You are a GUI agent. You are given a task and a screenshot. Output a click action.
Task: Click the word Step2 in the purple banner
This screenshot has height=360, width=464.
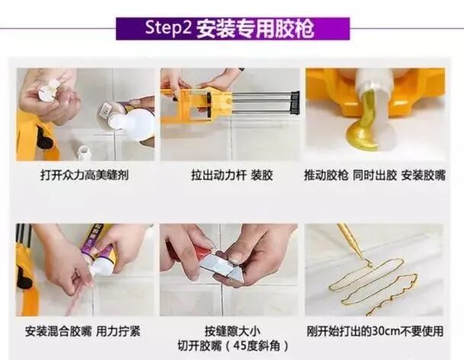(x=168, y=28)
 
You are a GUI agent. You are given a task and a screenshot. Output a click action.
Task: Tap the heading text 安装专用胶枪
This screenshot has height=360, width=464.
(x=254, y=29)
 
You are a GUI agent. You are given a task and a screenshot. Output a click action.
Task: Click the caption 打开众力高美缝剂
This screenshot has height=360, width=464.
(x=85, y=175)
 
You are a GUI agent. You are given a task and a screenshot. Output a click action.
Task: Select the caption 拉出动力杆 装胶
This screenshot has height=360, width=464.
(x=232, y=175)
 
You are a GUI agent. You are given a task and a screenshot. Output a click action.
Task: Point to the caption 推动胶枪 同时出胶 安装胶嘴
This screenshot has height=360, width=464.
(x=375, y=175)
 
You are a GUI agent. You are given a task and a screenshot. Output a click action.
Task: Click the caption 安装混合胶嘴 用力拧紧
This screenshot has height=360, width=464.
(x=82, y=331)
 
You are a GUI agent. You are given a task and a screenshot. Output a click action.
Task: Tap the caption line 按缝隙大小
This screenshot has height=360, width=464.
(x=232, y=331)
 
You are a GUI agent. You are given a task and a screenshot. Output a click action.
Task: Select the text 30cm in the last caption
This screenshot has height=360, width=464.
(x=386, y=331)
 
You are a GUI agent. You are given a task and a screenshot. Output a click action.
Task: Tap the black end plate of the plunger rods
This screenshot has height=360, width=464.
(x=295, y=103)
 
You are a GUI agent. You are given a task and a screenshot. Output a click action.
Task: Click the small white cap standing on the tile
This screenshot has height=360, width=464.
(x=85, y=152)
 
